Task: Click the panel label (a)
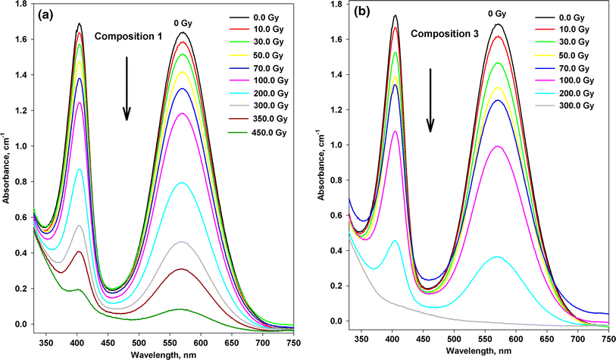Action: (x=48, y=14)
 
